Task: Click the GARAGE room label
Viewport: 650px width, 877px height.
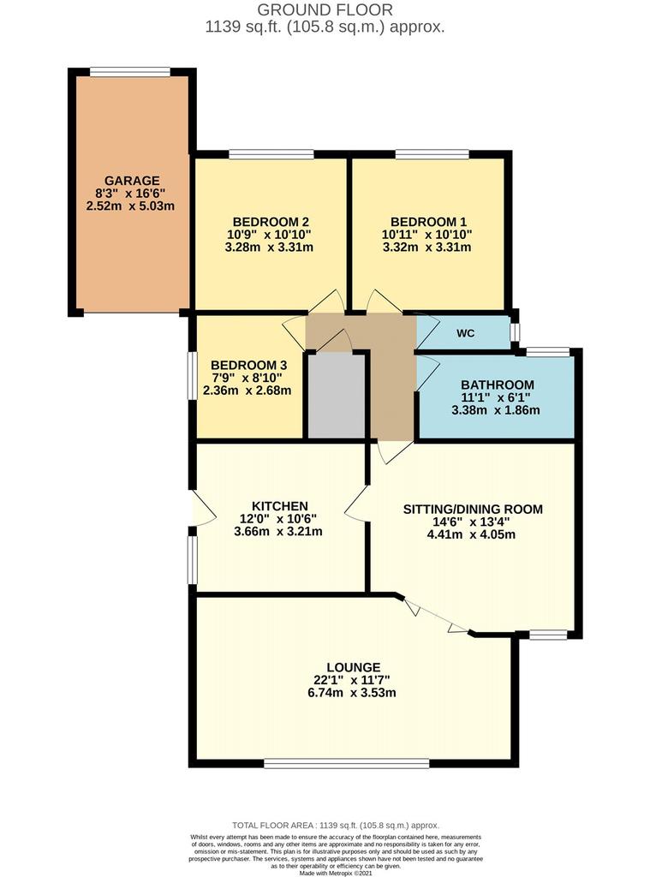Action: point(132,181)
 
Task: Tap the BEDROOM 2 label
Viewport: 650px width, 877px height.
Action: point(271,222)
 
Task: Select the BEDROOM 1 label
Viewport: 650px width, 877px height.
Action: point(428,222)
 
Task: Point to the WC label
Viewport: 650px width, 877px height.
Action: point(465,333)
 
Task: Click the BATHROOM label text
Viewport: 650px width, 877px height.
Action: point(498,385)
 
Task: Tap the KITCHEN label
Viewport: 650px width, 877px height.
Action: point(280,506)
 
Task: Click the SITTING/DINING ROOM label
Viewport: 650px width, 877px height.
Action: point(474,509)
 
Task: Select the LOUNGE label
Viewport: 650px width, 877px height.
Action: point(354,667)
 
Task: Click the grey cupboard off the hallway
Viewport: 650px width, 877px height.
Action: point(337,396)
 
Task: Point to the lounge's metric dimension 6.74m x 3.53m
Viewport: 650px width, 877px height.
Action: point(352,693)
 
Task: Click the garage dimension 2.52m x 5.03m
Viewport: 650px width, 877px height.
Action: point(130,206)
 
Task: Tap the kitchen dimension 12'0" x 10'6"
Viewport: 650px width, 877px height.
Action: point(278,518)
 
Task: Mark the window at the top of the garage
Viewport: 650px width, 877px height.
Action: point(130,72)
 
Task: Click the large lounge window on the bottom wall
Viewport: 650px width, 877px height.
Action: point(347,763)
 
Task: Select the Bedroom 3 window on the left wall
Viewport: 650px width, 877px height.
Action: point(191,375)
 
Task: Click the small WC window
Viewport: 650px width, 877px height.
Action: point(515,333)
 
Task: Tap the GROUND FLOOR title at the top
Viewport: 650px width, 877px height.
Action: point(325,9)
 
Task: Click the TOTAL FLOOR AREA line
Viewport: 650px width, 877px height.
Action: point(336,825)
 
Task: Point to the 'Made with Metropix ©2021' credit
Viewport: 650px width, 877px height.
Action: point(335,873)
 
